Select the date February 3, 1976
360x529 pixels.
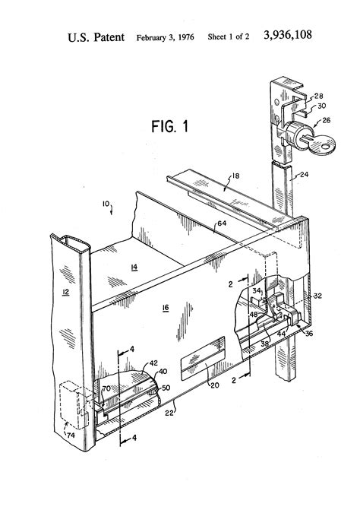[x=165, y=36]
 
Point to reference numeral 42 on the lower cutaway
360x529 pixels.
[x=153, y=363]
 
